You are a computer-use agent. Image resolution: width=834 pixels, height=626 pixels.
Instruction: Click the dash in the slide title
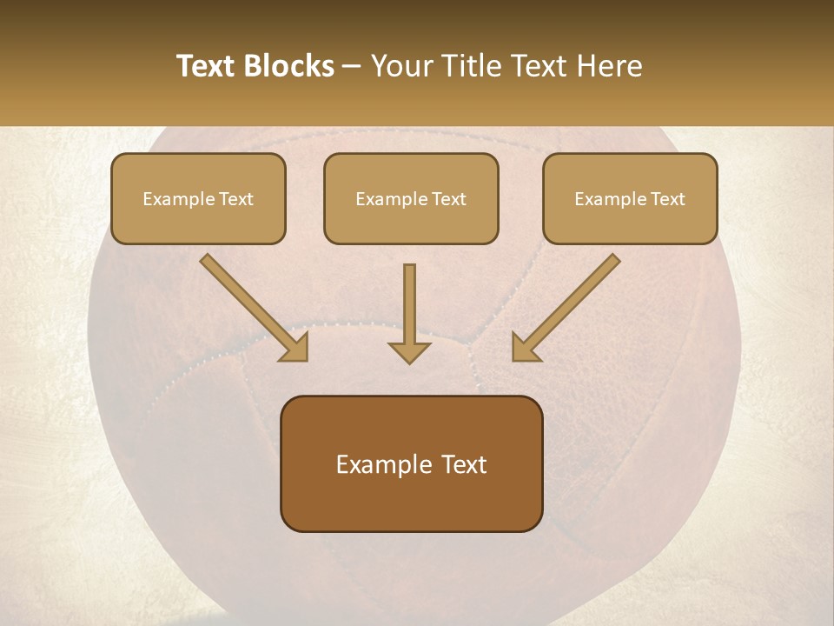[353, 66]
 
